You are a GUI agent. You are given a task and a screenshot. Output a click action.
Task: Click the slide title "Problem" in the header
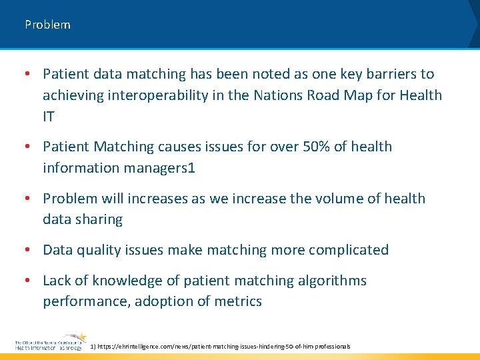click(47, 25)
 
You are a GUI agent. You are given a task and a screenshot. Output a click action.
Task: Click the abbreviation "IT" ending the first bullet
click(49, 117)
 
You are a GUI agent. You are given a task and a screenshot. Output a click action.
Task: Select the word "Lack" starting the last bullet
click(59, 281)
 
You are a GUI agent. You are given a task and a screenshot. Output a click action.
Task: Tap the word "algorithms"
click(329, 281)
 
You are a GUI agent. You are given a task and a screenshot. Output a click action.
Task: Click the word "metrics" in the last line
click(238, 301)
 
